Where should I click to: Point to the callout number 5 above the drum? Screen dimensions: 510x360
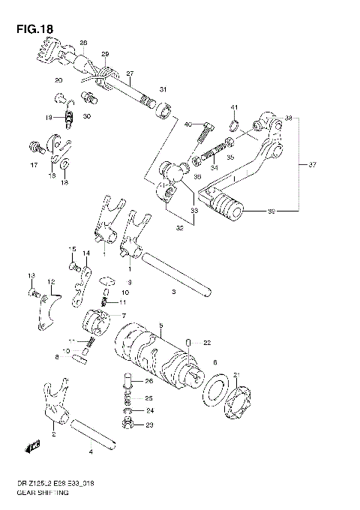160,326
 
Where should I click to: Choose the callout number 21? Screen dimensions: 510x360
236,375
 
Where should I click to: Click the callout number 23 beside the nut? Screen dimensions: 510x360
148,425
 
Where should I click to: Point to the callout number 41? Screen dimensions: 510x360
234,106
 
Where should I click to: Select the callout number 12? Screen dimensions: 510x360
51,282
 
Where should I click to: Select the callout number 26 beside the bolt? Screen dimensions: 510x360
148,381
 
